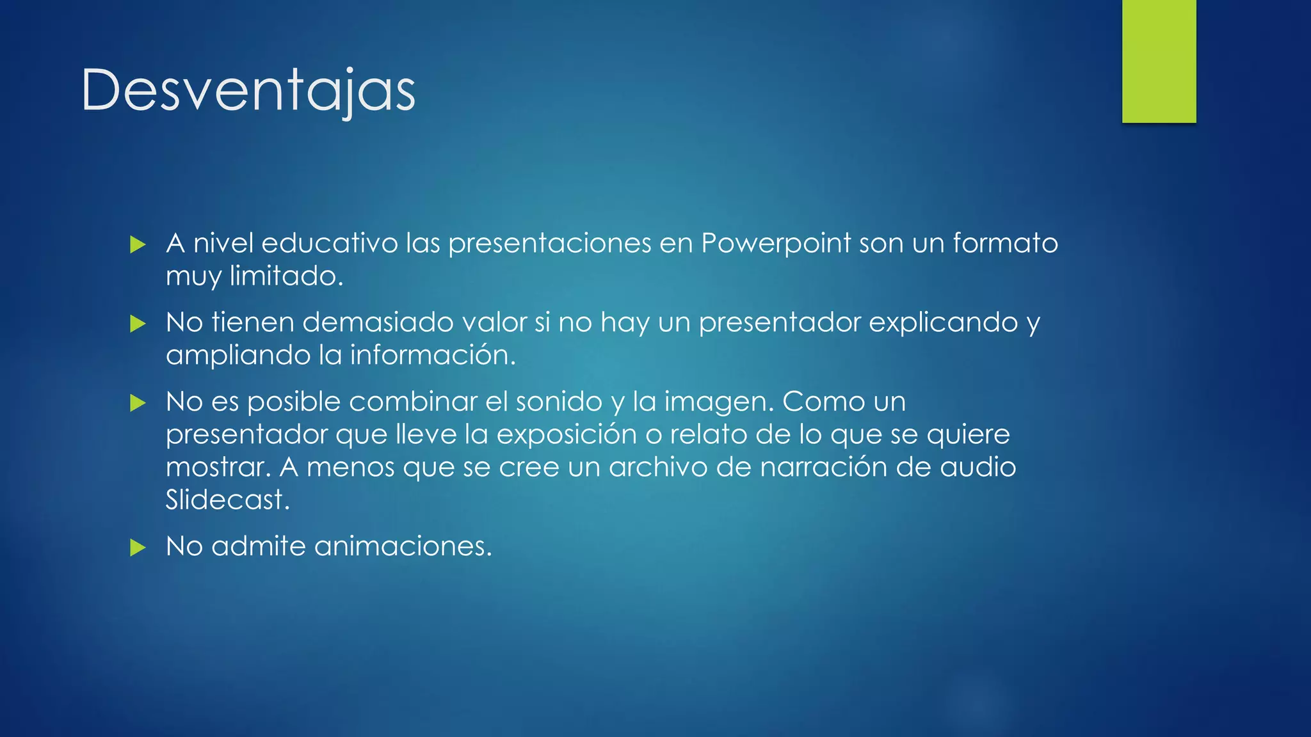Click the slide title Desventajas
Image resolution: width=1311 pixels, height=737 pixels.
coord(248,90)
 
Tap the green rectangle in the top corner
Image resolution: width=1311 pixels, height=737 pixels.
coord(1159,61)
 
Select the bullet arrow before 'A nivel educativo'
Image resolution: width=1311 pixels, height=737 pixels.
coord(138,244)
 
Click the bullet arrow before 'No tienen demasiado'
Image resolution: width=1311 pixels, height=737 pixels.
coord(138,324)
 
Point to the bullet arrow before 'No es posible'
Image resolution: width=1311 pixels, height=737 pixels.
coord(138,403)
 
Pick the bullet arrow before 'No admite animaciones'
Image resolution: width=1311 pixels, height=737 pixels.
coord(138,548)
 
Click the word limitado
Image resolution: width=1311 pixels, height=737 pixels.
coord(286,276)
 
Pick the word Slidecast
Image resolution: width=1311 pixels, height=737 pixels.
coord(227,500)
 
